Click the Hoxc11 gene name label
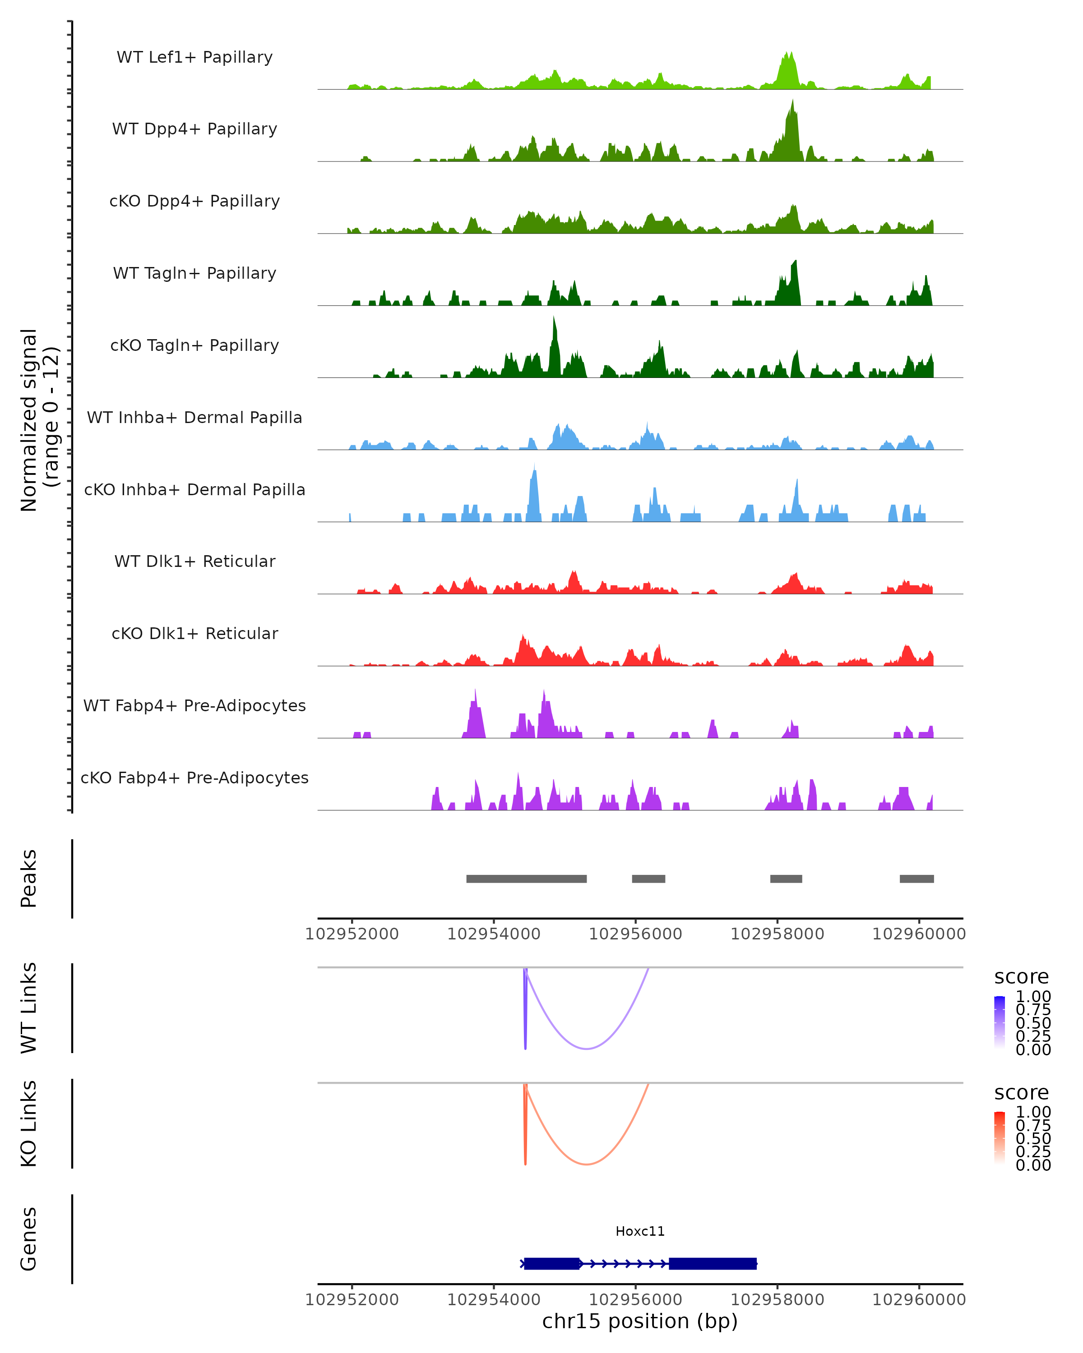pyautogui.click(x=640, y=1231)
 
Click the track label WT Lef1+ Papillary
pyautogui.click(x=194, y=57)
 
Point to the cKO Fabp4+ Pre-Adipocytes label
pyautogui.click(x=194, y=778)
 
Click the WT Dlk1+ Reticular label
pyautogui.click(x=194, y=561)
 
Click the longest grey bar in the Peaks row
pyautogui.click(x=526, y=879)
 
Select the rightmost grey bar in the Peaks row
pyautogui.click(x=916, y=879)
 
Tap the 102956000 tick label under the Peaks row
pyautogui.click(x=635, y=934)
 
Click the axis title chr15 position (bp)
pyautogui.click(x=640, y=1321)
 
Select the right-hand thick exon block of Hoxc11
pyautogui.click(x=713, y=1263)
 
